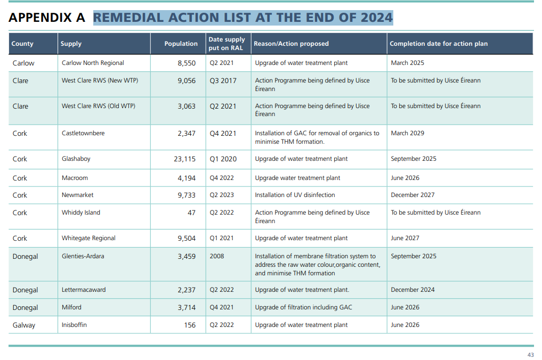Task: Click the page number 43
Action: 530,355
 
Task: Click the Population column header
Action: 181,44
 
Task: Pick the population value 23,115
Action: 184,159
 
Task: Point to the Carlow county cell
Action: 23,63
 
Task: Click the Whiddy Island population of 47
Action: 191,212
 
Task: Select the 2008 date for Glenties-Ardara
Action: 217,256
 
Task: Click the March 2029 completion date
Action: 408,133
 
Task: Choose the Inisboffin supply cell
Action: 74,325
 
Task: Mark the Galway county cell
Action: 24,325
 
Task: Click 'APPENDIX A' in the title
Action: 47,18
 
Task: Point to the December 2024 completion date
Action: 412,290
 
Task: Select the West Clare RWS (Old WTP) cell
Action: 99,106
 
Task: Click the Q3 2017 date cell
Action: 223,80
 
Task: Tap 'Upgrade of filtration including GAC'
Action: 303,307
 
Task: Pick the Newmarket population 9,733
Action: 187,195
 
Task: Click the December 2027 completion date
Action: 412,195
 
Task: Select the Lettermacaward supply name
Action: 84,290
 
